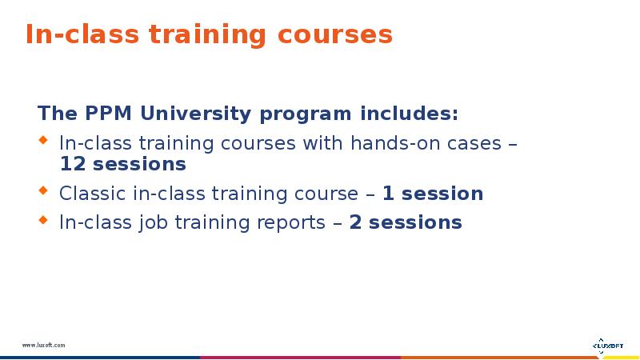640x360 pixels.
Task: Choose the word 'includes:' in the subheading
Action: tap(410, 114)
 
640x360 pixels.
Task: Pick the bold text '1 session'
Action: tap(432, 194)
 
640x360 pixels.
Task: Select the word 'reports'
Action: tap(290, 222)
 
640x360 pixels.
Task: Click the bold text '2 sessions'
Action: tap(406, 222)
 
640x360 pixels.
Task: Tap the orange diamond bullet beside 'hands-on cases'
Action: tap(44, 143)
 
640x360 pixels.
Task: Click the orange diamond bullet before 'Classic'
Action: tap(44, 193)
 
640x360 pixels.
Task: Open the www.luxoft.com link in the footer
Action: tap(43, 345)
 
